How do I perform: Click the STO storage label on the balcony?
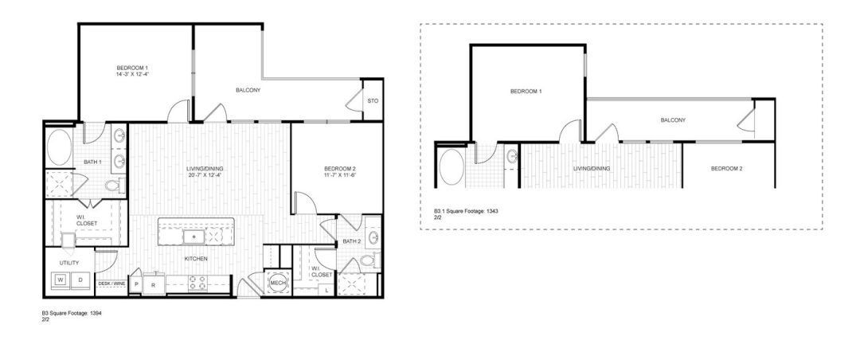pyautogui.click(x=372, y=100)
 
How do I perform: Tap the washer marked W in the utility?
pyautogui.click(x=61, y=281)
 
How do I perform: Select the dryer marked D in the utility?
pyautogui.click(x=80, y=281)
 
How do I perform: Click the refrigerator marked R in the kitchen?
pyautogui.click(x=153, y=284)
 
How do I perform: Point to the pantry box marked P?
pyautogui.click(x=137, y=284)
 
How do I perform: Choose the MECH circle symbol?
pyautogui.click(x=278, y=283)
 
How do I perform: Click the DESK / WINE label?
pyautogui.click(x=111, y=283)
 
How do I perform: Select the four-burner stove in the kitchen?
pyautogui.click(x=197, y=283)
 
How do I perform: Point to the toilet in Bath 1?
pyautogui.click(x=113, y=186)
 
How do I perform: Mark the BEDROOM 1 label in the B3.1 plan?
pyautogui.click(x=526, y=92)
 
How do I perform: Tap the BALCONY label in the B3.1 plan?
pyautogui.click(x=673, y=120)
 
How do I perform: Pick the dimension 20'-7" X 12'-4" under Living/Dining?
pyautogui.click(x=203, y=175)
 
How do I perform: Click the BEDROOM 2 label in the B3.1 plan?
pyautogui.click(x=726, y=168)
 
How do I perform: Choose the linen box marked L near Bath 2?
pyautogui.click(x=328, y=291)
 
